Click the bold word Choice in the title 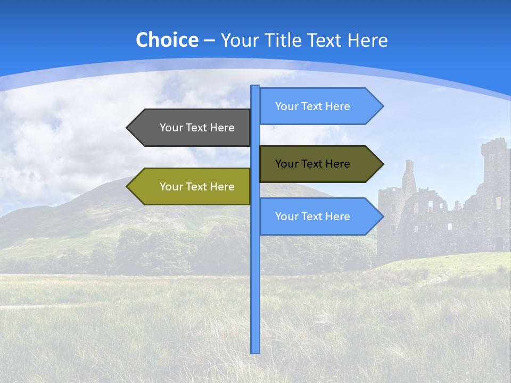167,40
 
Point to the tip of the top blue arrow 383,106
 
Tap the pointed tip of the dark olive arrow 383,164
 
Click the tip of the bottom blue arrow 383,217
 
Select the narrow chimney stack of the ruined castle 408,176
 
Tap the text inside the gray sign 197,128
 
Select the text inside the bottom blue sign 312,217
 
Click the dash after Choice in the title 209,40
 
